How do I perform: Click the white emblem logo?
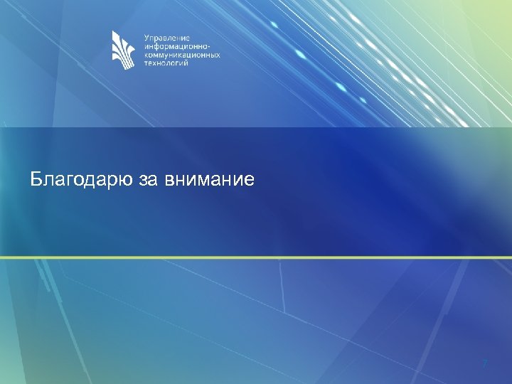point(122,50)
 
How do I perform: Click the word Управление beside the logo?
point(165,38)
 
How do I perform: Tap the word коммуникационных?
point(182,55)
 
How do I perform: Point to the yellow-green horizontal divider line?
point(256,257)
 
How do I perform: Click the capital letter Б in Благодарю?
point(36,178)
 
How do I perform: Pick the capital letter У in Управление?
point(146,38)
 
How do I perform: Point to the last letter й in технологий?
point(186,63)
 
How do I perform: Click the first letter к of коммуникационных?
point(146,55)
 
